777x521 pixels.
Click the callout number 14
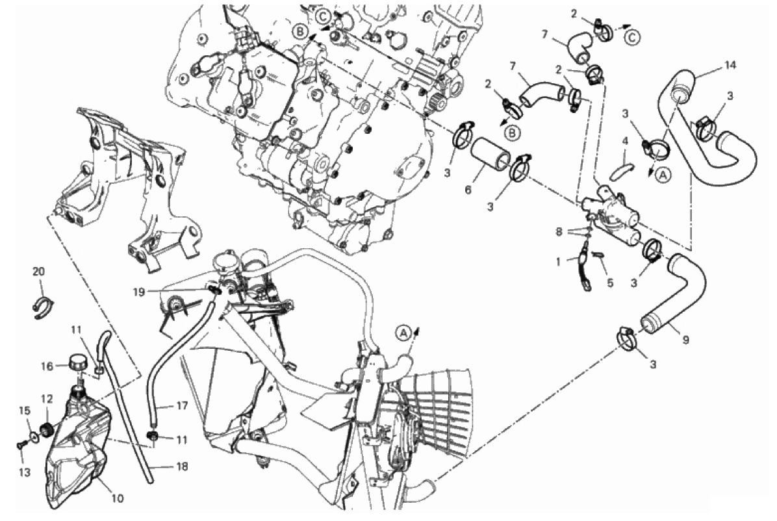point(730,65)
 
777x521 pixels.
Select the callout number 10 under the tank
point(117,498)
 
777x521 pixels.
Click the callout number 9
point(686,340)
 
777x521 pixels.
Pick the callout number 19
point(139,292)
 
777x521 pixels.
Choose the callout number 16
point(47,366)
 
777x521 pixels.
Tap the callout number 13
point(25,472)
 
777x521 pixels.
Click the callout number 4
point(626,141)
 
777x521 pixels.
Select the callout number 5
point(610,283)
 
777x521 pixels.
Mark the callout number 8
point(559,231)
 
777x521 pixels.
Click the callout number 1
point(558,261)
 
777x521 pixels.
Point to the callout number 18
point(183,466)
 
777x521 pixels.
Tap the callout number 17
point(182,405)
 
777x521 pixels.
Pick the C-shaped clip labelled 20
point(43,308)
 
